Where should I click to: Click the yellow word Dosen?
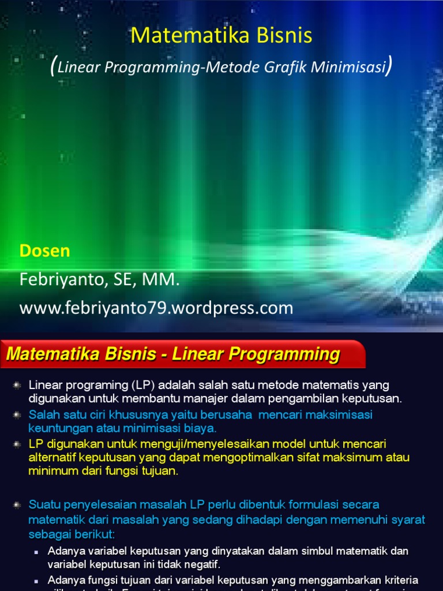[x=45, y=251]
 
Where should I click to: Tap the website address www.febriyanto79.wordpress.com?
[x=156, y=308]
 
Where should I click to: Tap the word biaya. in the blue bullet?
[x=200, y=428]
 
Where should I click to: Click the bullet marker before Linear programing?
[x=17, y=384]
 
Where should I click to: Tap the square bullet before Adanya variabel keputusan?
[x=36, y=551]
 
